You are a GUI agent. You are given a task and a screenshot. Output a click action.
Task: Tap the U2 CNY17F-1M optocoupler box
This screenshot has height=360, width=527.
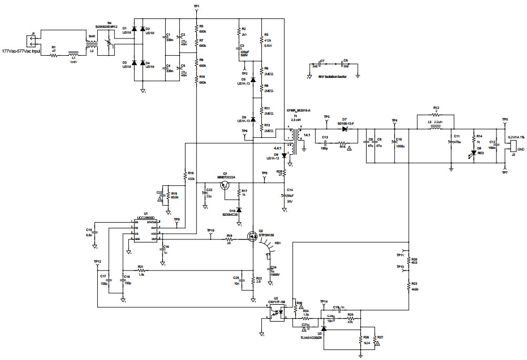(277, 312)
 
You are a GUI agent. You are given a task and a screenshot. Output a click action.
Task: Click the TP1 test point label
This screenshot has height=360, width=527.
(196, 6)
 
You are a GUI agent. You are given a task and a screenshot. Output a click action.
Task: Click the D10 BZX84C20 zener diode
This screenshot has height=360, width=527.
(239, 209)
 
